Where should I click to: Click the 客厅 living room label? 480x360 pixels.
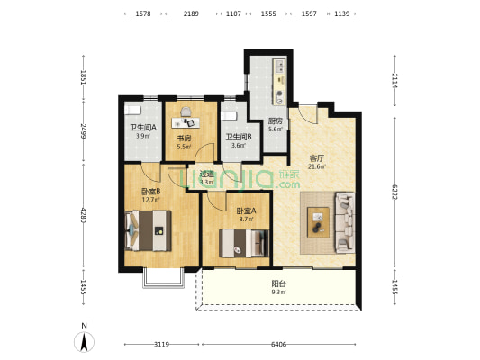316,158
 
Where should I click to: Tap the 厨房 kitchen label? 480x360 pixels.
276,121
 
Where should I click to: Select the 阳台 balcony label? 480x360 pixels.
279,283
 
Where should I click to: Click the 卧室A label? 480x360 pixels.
233,211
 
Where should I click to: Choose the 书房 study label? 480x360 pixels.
182,139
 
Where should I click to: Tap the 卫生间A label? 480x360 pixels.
142,128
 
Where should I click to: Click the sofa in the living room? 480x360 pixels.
345,221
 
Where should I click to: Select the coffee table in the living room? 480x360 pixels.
318,220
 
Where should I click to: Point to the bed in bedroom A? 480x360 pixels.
242,242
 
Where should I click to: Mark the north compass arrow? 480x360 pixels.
85,339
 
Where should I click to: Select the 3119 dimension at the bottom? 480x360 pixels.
161,345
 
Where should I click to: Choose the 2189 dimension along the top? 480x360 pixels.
191,14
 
